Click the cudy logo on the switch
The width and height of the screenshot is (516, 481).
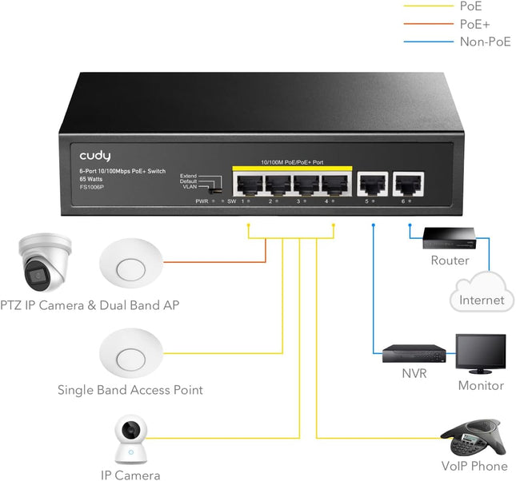(x=94, y=155)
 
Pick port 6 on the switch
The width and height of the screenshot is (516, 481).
(x=409, y=185)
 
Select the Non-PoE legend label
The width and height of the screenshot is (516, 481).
(x=485, y=42)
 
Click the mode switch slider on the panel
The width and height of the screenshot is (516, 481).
(x=214, y=190)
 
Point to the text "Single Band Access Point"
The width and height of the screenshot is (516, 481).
(x=130, y=390)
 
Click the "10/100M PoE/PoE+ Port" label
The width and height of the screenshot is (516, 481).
(x=291, y=162)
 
